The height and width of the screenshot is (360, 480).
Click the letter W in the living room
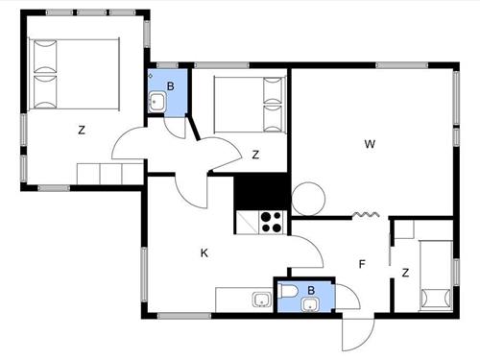(x=369, y=144)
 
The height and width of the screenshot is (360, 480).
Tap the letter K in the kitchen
(x=204, y=253)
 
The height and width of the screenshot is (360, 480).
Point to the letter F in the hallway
(x=362, y=264)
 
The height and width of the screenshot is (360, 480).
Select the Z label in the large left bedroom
(x=83, y=130)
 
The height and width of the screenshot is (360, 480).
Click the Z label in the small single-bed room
(x=406, y=273)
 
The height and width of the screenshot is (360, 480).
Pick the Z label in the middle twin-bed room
(x=255, y=154)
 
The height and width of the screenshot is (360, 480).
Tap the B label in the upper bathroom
(x=171, y=85)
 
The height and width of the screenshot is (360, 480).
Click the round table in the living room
(x=311, y=199)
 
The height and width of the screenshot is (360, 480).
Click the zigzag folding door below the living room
(x=365, y=214)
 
